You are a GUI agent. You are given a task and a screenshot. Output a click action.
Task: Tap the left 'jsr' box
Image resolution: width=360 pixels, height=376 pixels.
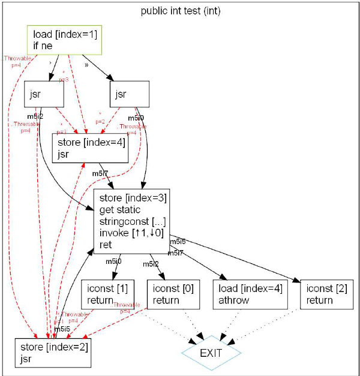click(x=45, y=95)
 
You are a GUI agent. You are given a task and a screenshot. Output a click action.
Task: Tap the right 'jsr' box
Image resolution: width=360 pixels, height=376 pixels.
click(x=130, y=95)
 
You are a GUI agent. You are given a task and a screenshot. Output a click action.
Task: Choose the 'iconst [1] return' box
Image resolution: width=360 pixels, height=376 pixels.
click(x=107, y=294)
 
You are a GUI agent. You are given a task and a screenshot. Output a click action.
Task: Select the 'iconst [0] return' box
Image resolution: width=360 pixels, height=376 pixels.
click(x=173, y=294)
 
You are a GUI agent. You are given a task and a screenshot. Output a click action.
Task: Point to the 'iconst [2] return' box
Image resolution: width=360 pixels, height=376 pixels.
click(x=326, y=294)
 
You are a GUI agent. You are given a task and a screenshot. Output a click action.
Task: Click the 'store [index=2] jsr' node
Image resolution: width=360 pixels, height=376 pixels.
click(x=53, y=353)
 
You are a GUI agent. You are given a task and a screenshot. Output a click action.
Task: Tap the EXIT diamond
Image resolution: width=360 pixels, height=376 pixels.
click(x=211, y=353)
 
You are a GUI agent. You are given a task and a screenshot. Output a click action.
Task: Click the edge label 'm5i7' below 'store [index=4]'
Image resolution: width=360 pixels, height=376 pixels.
click(x=100, y=173)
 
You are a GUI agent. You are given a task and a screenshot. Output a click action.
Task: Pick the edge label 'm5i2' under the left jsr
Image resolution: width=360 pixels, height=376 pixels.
click(x=35, y=116)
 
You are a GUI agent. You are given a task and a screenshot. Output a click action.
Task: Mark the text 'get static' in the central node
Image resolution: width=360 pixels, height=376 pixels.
click(x=120, y=210)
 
